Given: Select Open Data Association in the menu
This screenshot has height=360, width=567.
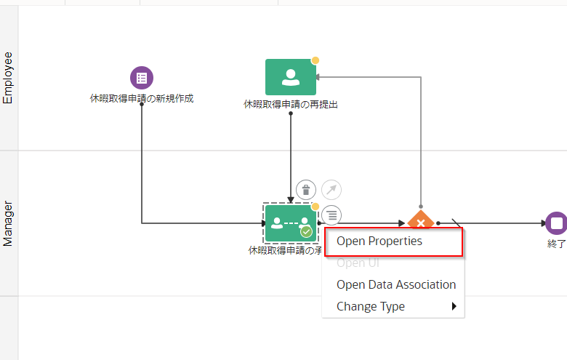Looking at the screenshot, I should (396, 284).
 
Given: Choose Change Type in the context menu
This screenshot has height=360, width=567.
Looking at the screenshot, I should (371, 306).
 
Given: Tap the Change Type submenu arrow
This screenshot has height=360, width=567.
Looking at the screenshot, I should (454, 306).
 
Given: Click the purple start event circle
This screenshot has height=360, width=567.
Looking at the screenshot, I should (142, 78).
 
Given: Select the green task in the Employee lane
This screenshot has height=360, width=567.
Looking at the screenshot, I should (291, 76).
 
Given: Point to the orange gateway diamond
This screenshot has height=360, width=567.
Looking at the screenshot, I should (420, 221).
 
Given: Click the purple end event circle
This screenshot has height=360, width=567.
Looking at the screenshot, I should (556, 223).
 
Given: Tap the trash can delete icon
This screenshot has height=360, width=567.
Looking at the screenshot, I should (306, 191).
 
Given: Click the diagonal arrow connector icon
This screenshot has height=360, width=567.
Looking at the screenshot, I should (331, 191).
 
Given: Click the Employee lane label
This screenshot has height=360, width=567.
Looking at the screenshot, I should (9, 78).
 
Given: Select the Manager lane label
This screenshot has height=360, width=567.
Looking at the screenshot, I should (9, 223).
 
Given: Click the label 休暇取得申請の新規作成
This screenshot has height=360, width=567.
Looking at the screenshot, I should (142, 98).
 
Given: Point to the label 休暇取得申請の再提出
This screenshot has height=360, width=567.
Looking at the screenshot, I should (291, 104).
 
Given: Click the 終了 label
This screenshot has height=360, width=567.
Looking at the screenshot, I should (556, 244).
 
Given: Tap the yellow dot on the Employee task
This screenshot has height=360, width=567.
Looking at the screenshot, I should (315, 60).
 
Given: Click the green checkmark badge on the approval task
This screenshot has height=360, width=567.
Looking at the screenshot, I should (307, 232).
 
